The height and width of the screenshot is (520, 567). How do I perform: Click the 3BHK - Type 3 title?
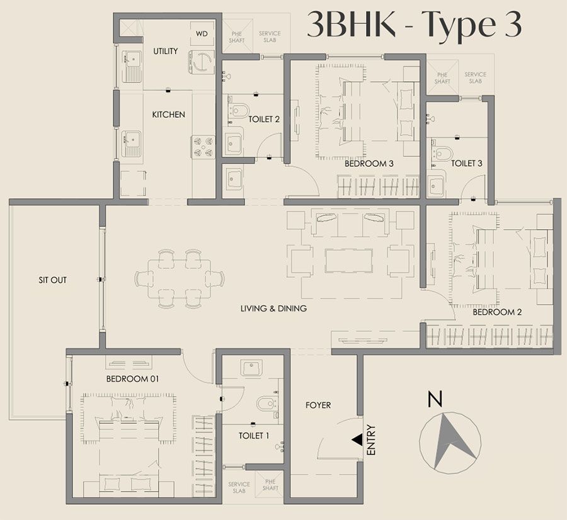point(414,25)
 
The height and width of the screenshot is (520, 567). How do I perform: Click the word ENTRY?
point(371,440)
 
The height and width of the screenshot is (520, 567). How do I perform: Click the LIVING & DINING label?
point(273,308)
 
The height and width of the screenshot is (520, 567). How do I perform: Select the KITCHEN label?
point(168,115)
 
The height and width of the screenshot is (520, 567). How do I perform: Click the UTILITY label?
point(166,51)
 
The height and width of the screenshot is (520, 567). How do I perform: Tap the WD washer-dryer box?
point(202,33)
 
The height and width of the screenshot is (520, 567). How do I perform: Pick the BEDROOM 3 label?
point(369,164)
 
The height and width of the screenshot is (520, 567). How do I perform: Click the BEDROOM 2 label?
point(497,312)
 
